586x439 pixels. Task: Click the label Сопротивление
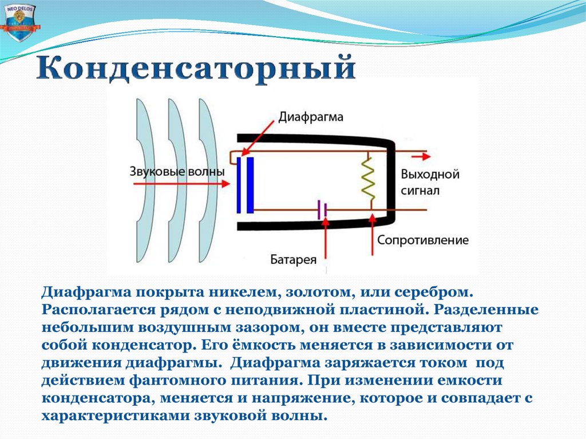(x=422, y=240)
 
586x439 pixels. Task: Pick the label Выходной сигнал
(x=430, y=181)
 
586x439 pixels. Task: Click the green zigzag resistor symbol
(x=368, y=179)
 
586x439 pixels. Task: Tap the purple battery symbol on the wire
(x=322, y=210)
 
